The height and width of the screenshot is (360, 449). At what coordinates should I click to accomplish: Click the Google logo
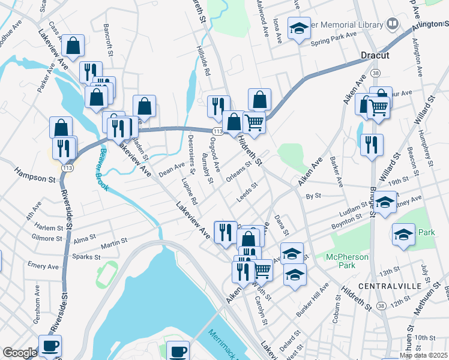(20, 352)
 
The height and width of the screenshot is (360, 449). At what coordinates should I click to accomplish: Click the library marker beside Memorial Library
(393, 25)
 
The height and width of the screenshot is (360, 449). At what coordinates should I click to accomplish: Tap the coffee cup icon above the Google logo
(50, 346)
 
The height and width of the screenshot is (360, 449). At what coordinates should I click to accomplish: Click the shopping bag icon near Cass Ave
(73, 46)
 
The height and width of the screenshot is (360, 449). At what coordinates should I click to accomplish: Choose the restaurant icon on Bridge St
(372, 145)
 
